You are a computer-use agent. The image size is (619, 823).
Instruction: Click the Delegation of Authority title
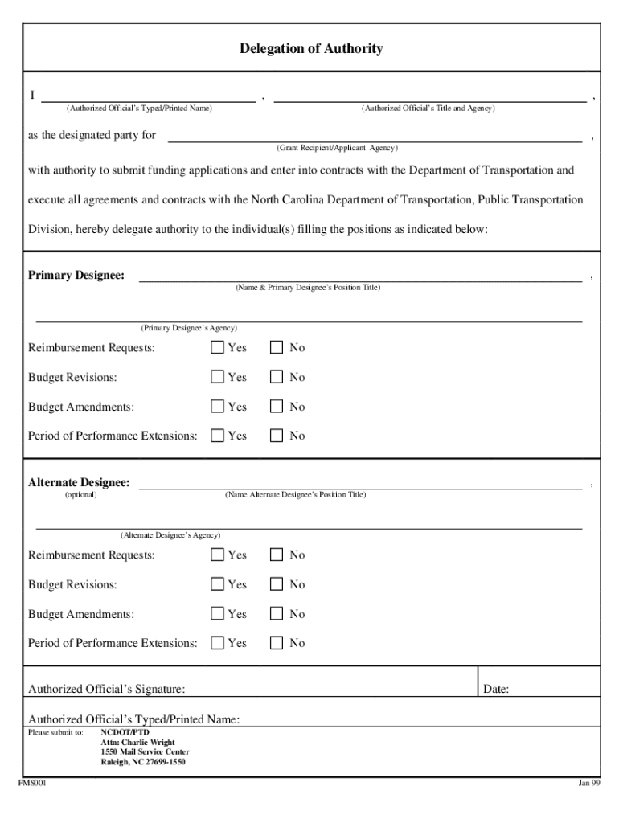[x=310, y=49]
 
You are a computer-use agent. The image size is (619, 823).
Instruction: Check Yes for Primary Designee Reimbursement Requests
[x=217, y=348]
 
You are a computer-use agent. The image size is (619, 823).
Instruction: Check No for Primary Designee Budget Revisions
[x=277, y=377]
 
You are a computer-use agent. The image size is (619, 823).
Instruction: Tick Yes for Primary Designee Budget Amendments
[x=217, y=407]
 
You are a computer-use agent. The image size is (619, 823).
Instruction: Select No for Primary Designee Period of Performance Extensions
[x=277, y=436]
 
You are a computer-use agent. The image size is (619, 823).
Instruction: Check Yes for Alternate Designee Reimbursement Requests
[x=217, y=555]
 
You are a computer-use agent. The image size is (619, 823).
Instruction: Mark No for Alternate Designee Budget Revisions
[x=277, y=584]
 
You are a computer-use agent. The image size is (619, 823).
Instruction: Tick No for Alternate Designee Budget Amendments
[x=277, y=614]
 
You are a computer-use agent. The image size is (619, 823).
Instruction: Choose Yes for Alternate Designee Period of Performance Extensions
[x=217, y=643]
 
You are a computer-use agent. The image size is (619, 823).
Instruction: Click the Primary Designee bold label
[x=76, y=276]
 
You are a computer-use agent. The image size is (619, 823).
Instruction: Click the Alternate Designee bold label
[x=79, y=483]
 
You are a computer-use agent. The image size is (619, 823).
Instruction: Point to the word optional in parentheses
[x=80, y=495]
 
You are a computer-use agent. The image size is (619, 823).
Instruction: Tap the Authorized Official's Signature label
[x=107, y=689]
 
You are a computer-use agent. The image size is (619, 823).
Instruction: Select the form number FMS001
[x=33, y=784]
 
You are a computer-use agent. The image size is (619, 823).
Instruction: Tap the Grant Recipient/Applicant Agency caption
[x=337, y=149]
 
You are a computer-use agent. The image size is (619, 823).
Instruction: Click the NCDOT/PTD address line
[x=125, y=733]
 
